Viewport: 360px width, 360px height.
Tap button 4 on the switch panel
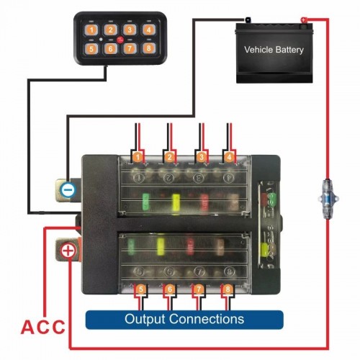pyautogui.click(x=148, y=30)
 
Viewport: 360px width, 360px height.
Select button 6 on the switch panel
pyautogui.click(x=110, y=49)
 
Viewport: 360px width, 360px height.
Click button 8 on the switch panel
pyautogui.click(x=148, y=48)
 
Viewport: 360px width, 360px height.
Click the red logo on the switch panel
pyautogui.click(x=120, y=40)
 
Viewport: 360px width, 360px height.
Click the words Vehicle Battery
pyautogui.click(x=274, y=50)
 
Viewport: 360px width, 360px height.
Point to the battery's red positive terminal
pyautogui.click(x=304, y=20)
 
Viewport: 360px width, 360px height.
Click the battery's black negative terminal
pyautogui.click(x=247, y=19)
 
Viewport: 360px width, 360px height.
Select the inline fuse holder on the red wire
pyautogui.click(x=328, y=199)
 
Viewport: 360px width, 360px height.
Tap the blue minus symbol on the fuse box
pyautogui.click(x=68, y=190)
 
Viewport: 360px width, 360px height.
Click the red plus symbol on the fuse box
pyautogui.click(x=68, y=251)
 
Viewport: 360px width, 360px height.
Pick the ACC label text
pyautogui.click(x=43, y=327)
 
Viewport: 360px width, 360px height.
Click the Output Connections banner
pyautogui.click(x=184, y=320)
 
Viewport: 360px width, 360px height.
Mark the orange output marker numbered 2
pyautogui.click(x=169, y=157)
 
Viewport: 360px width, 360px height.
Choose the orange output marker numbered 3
pyautogui.click(x=201, y=157)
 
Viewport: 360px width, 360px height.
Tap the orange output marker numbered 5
pyautogui.click(x=141, y=289)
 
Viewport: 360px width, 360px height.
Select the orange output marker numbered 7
pyautogui.click(x=199, y=289)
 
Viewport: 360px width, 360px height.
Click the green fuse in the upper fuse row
pyautogui.click(x=145, y=202)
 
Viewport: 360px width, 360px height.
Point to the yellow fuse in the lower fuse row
pyautogui.click(x=161, y=246)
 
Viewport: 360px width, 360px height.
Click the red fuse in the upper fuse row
pyautogui.click(x=204, y=202)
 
